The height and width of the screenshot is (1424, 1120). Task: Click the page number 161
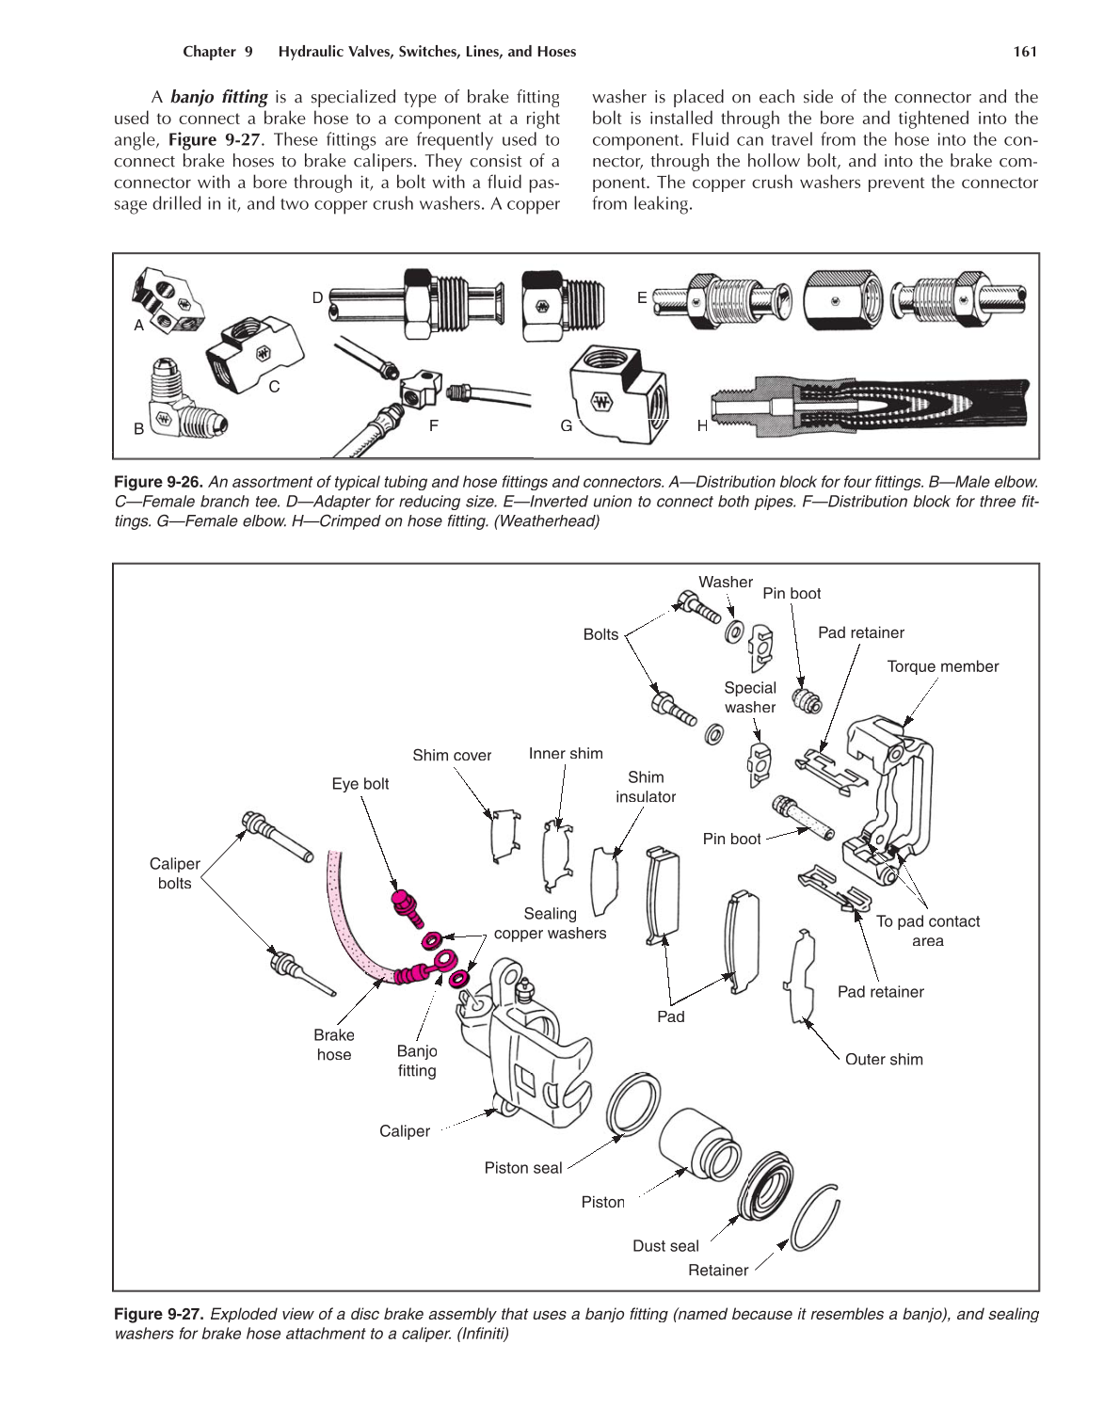pyautogui.click(x=1024, y=52)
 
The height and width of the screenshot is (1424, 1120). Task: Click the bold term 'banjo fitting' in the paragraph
pyautogui.click(x=218, y=97)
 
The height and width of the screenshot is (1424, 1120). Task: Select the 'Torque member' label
pyautogui.click(x=942, y=666)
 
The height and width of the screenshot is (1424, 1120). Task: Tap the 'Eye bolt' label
pyautogui.click(x=360, y=784)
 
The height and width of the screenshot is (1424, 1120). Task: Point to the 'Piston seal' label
pyautogui.click(x=522, y=1168)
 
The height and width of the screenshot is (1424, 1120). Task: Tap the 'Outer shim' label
pyautogui.click(x=883, y=1059)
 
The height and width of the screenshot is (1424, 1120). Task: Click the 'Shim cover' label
pyautogui.click(x=452, y=755)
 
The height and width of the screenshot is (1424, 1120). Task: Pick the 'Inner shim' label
pyautogui.click(x=566, y=753)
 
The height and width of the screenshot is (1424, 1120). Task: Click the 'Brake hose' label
pyautogui.click(x=334, y=1045)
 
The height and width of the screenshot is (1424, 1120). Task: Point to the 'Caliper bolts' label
pyautogui.click(x=175, y=873)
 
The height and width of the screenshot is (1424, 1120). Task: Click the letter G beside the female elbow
pyautogui.click(x=567, y=425)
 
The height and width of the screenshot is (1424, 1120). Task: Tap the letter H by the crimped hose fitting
pyautogui.click(x=702, y=425)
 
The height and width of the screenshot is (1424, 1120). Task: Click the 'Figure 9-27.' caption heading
pyautogui.click(x=158, y=1314)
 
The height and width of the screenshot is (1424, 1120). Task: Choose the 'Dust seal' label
pyautogui.click(x=665, y=1246)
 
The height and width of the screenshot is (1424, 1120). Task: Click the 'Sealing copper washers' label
pyautogui.click(x=550, y=923)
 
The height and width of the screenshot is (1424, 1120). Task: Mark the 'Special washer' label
pyautogui.click(x=750, y=697)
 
